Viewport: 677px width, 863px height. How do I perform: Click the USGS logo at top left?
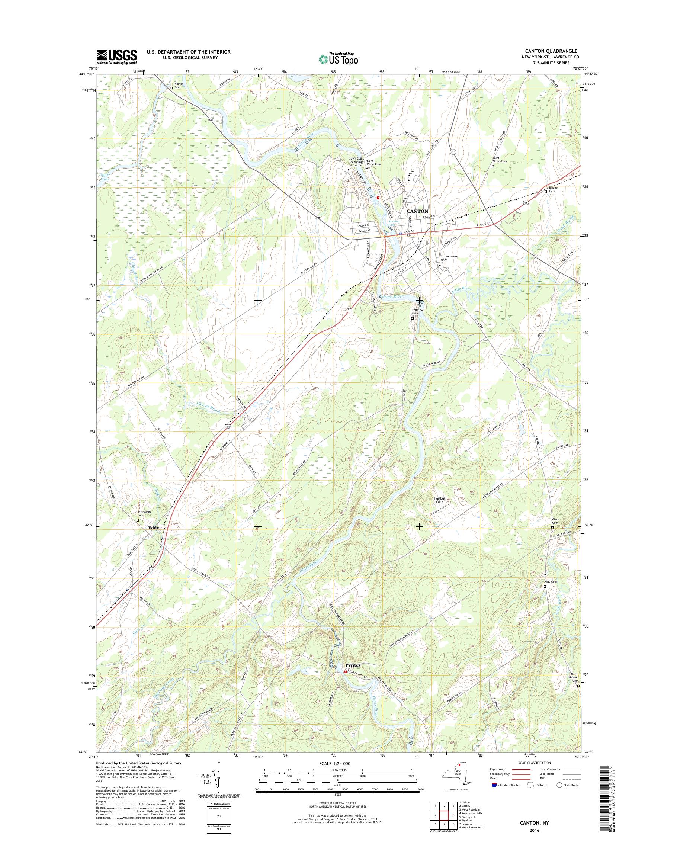click(x=117, y=57)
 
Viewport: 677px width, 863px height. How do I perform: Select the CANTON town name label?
click(x=417, y=211)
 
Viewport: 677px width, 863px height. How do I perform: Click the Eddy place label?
click(x=153, y=528)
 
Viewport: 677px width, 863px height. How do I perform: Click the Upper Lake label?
click(x=105, y=177)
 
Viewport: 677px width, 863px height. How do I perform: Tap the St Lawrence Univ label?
click(x=449, y=258)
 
